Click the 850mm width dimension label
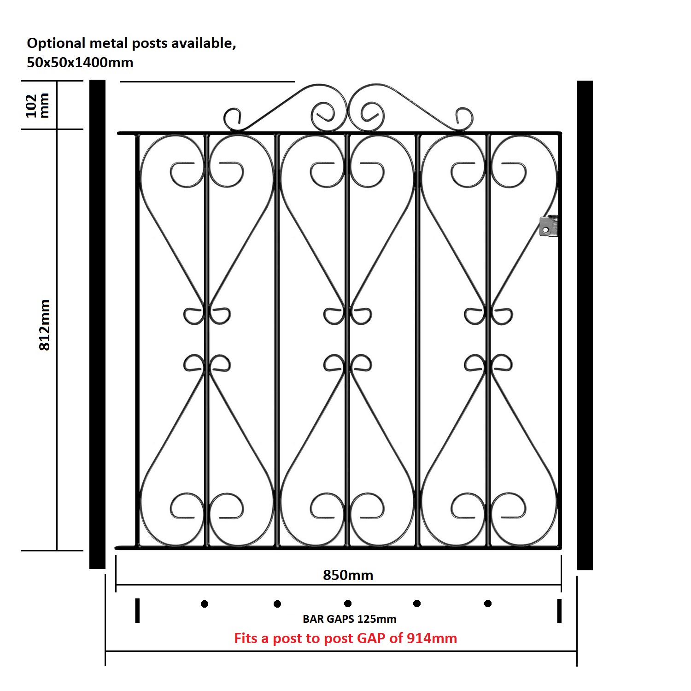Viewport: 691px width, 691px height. click(348, 575)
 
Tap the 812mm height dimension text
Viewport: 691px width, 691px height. click(44, 325)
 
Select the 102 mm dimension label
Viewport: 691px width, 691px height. click(37, 105)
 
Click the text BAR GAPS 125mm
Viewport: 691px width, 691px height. click(349, 619)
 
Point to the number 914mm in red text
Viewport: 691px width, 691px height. click(432, 638)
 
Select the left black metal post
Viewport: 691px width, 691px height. click(97, 324)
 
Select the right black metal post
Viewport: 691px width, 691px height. click(585, 325)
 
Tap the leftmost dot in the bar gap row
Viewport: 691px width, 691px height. click(205, 603)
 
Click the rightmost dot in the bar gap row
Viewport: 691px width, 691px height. click(488, 603)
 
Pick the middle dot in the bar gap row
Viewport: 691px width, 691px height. click(348, 603)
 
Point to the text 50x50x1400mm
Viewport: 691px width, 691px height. click(80, 62)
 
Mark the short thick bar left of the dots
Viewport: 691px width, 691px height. click(137, 610)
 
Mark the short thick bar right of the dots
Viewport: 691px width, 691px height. click(559, 611)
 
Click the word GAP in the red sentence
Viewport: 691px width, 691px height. click(371, 638)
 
